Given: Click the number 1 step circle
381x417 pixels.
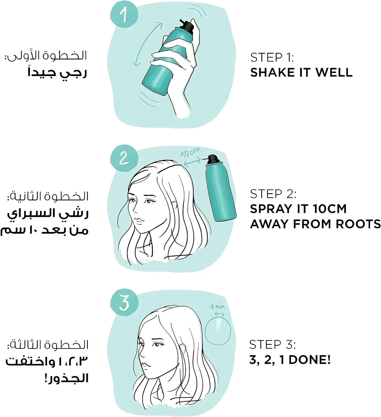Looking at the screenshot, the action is point(124,14).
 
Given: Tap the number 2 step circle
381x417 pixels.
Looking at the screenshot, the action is point(124,158).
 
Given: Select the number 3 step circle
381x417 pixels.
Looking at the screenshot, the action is point(124,302).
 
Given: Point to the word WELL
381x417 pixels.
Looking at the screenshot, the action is point(334,72).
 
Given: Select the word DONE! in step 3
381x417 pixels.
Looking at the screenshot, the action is point(310,360).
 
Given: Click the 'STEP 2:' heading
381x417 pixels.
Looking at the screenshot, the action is point(273,194).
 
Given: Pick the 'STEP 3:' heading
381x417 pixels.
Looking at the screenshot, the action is point(273,345).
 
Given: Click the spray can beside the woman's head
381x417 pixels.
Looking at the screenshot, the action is point(220,188).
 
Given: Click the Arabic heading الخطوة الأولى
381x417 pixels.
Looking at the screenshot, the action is point(46,56).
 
